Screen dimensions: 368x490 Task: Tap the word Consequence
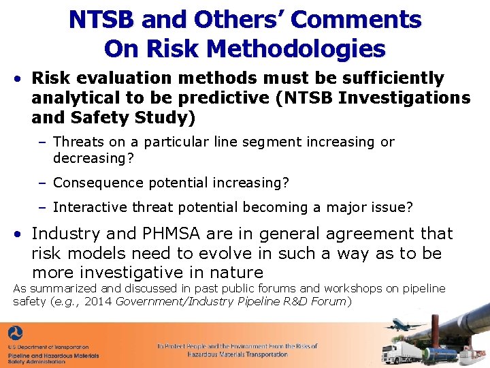pyautogui.click(x=95, y=183)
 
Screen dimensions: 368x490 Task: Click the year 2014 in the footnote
pyautogui.click(x=99, y=301)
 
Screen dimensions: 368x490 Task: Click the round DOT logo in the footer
pyautogui.click(x=15, y=335)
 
